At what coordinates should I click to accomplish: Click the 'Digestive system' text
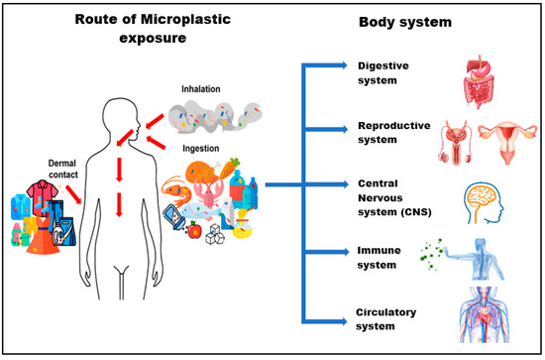[x=383, y=72]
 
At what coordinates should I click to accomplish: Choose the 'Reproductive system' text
[x=388, y=134]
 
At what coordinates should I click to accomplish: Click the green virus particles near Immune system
[x=431, y=244]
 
